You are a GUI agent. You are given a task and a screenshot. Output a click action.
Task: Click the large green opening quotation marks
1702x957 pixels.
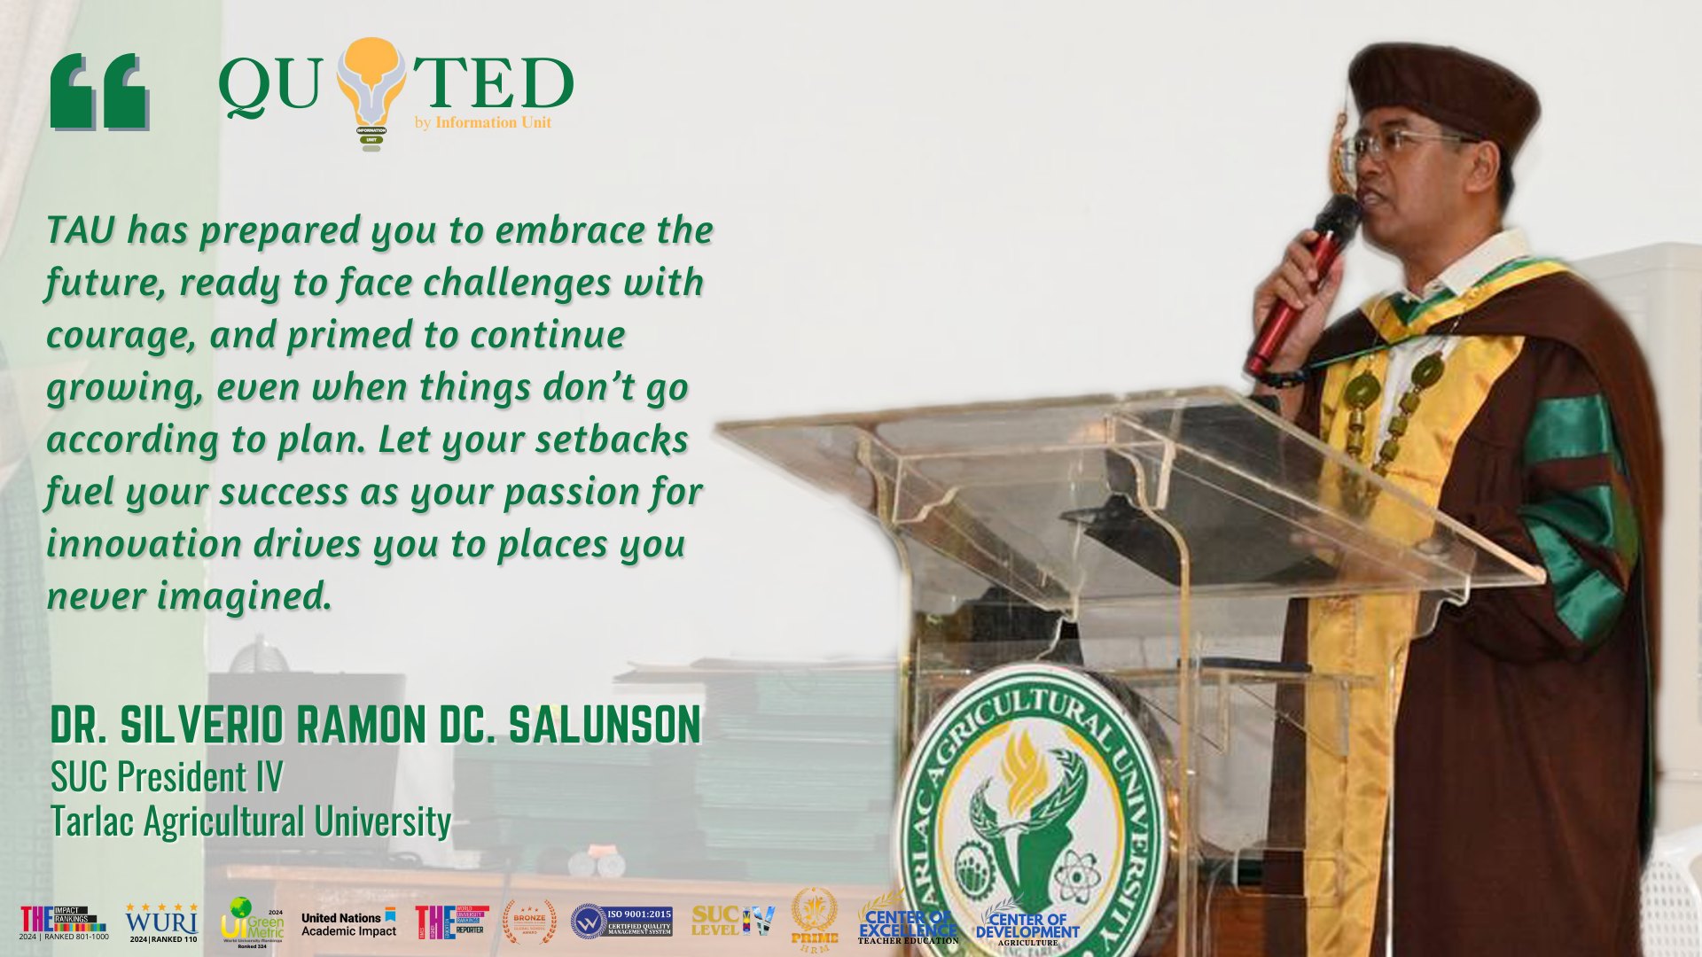pos(98,91)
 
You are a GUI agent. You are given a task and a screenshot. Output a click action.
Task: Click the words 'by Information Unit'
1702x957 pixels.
pos(483,122)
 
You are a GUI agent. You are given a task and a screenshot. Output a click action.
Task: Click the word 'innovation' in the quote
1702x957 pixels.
pos(144,544)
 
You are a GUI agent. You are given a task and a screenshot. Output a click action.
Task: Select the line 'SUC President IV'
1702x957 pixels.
pos(167,777)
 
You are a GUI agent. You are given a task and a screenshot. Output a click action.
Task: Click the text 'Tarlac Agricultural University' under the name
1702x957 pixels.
pos(251,821)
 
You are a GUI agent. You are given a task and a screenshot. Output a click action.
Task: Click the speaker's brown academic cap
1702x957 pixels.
pos(1445,89)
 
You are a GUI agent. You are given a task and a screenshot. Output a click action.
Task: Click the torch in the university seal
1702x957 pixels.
pos(1027,780)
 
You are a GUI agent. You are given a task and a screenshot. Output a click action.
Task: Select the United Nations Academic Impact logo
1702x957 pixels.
pos(348,924)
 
